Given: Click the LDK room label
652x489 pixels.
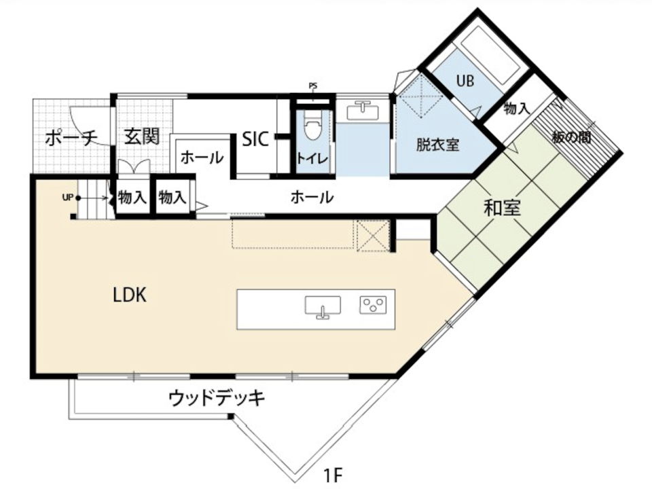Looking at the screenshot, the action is [x=130, y=295].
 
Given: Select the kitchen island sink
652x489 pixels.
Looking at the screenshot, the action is [x=323, y=307].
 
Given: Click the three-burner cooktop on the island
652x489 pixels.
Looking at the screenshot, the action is [x=373, y=304].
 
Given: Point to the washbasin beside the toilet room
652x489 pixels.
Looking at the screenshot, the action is [x=363, y=110].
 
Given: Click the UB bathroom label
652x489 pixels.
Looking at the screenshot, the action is [x=465, y=81].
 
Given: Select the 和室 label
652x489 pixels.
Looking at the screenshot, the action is [x=503, y=208].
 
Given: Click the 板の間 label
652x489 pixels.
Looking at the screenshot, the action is [x=571, y=137].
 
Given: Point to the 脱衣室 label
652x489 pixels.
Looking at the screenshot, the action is [x=438, y=145].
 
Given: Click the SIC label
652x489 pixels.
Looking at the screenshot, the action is [x=255, y=139].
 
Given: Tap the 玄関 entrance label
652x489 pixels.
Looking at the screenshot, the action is [x=142, y=137].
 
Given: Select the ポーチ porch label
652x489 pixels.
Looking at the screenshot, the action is [x=71, y=138].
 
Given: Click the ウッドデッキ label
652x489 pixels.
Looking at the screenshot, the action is [x=217, y=398].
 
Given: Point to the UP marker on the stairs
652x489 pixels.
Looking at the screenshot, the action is [x=68, y=198].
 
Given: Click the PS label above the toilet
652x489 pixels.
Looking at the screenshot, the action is [x=313, y=86].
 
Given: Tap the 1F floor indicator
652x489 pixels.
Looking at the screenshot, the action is [x=333, y=475].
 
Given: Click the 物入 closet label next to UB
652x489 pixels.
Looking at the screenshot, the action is [x=516, y=109].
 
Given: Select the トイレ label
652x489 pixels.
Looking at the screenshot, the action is [x=312, y=158].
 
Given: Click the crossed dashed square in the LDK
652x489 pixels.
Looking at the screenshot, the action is [x=372, y=236].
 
